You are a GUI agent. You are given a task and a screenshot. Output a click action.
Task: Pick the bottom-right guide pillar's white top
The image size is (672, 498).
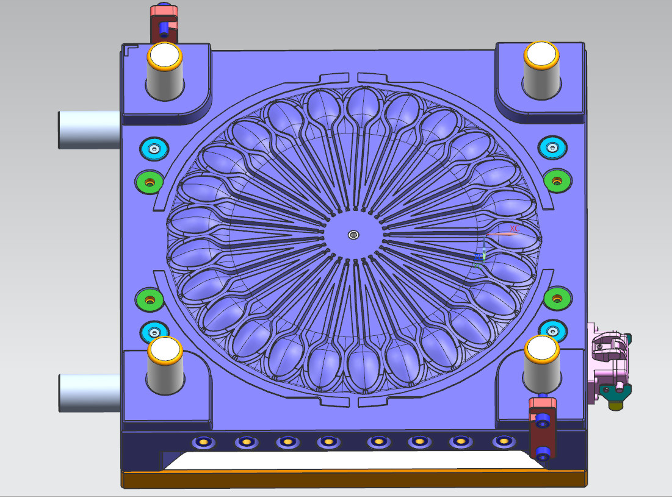tap(541, 349)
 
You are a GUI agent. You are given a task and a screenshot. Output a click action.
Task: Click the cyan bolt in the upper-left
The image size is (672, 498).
tap(153, 148)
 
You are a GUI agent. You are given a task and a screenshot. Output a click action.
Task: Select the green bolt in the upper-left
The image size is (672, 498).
tap(150, 181)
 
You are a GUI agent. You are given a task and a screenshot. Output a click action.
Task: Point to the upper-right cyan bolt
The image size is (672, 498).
tap(552, 147)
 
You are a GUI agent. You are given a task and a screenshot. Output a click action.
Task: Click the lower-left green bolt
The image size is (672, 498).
tap(150, 299)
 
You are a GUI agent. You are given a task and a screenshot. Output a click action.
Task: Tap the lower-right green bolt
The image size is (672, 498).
tap(556, 297)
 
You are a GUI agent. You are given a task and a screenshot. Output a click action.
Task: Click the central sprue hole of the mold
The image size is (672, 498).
tap(353, 235)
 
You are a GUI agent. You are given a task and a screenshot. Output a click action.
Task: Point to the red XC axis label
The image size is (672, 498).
tap(515, 229)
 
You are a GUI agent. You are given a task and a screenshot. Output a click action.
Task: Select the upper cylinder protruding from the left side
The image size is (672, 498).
tap(89, 130)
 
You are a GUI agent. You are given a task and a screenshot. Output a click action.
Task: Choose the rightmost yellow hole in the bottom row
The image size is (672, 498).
tap(503, 441)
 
